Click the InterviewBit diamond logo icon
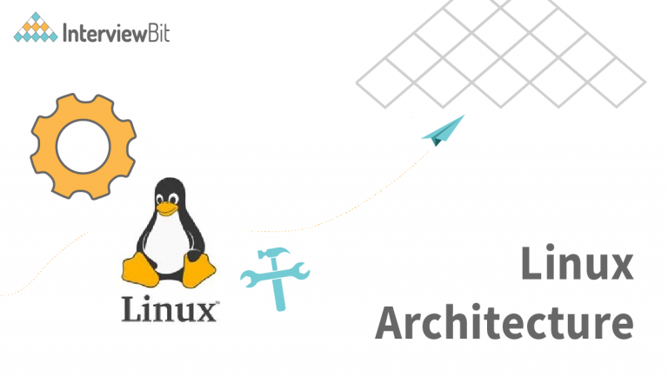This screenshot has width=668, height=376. coord(36,28)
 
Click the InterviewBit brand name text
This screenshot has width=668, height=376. coord(117,33)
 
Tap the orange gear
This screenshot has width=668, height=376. coord(83,146)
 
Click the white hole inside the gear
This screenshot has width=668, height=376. coord(83,146)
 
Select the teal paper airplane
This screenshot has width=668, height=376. coord(443,130)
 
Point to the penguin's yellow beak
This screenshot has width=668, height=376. coord(167,208)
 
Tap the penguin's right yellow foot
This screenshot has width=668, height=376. coord(198,271)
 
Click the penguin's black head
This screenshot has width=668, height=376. coord(170,190)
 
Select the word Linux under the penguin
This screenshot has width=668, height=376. coord(169,309)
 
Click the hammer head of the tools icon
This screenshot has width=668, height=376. coord(272,253)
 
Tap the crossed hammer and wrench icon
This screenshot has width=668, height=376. coord(275,279)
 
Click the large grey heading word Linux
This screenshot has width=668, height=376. coord(578,262)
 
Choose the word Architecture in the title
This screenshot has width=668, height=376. coord(504,322)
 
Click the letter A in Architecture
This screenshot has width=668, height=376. coord(391,322)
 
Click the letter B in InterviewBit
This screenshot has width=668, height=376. coord(153,33)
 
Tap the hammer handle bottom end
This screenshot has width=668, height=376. coord(280,308)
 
